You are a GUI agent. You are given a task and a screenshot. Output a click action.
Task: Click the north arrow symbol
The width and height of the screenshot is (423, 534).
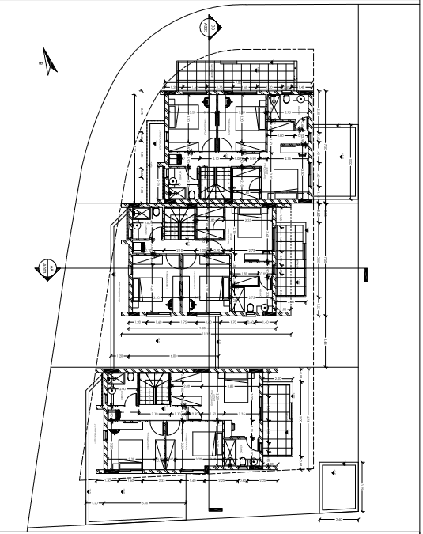tap(49, 62)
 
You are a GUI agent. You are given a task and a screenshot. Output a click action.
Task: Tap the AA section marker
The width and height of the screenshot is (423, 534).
tap(46, 268)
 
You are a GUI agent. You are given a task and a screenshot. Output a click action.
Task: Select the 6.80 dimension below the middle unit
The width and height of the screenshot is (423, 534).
tap(176, 356)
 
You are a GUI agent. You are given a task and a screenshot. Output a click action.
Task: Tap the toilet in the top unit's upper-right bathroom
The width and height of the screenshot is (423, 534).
tap(300, 100)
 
